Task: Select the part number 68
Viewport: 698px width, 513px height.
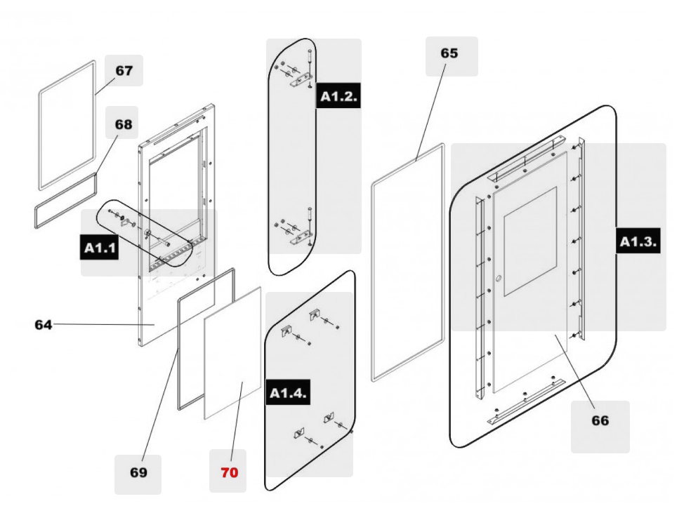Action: point(123,124)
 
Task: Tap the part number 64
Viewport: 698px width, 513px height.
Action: point(44,324)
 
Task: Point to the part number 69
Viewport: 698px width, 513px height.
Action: point(138,472)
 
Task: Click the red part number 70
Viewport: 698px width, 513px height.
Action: point(229,472)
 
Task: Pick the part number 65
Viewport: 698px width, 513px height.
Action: point(449,53)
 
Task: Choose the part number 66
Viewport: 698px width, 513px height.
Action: point(600,420)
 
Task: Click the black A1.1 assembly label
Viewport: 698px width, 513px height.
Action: point(99,248)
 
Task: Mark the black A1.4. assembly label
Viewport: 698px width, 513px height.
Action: point(289,393)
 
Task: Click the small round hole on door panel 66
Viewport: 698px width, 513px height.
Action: point(499,279)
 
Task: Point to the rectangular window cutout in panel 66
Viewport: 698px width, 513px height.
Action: point(530,240)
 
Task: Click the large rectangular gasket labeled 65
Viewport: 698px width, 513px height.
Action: point(373,281)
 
